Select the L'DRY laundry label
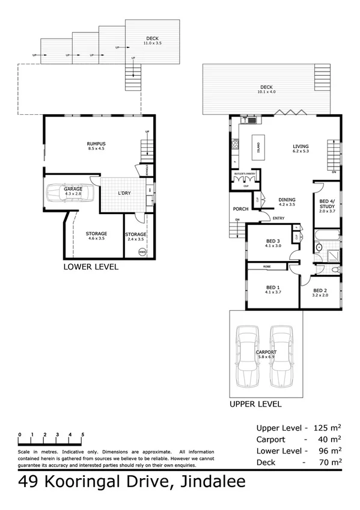point(124,192)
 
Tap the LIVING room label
point(301,146)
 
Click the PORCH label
point(240,209)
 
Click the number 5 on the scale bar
point(83,434)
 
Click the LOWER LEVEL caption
point(91,266)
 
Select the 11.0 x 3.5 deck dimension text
point(154,43)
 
